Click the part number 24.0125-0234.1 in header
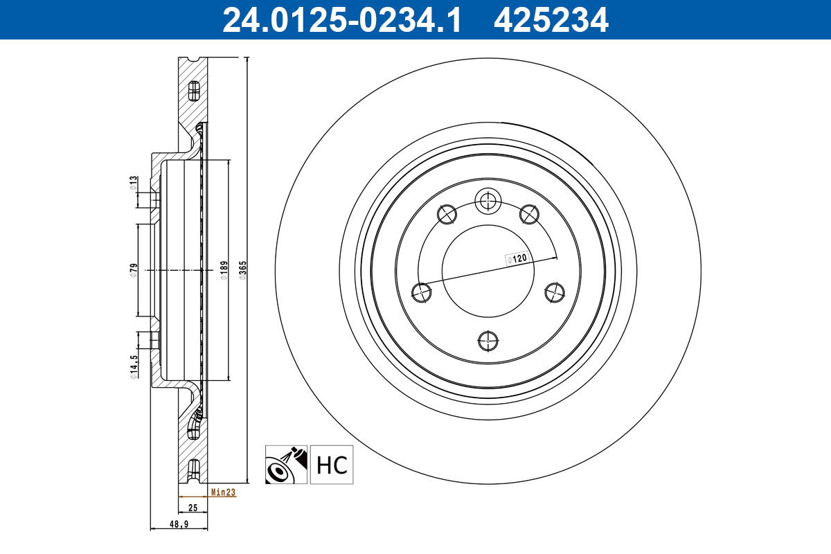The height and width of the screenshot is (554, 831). click(x=341, y=19)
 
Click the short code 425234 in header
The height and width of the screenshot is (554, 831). click(x=551, y=19)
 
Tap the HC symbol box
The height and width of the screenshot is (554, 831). click(x=331, y=465)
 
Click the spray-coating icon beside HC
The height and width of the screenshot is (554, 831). click(x=286, y=465)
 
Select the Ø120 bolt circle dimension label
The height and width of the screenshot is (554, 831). click(x=518, y=258)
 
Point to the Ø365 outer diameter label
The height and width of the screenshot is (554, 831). click(x=242, y=269)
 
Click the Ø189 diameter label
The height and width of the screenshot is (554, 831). click(x=223, y=270)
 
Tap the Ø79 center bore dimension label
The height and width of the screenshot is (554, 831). click(x=133, y=270)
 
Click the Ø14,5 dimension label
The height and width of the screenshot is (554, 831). click(x=133, y=366)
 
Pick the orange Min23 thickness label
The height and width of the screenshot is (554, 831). click(x=223, y=493)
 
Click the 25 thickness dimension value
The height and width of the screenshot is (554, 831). click(x=193, y=508)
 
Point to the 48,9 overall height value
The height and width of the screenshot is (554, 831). click(x=179, y=525)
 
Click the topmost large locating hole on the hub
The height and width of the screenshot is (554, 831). click(x=488, y=202)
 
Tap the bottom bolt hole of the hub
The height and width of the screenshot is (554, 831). click(x=488, y=340)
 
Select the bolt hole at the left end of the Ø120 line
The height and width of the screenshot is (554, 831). click(x=421, y=292)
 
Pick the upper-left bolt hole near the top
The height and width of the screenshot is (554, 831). click(x=447, y=213)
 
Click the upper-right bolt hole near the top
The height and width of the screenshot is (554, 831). click(x=529, y=213)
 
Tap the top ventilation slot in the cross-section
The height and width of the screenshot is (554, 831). click(x=194, y=89)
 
